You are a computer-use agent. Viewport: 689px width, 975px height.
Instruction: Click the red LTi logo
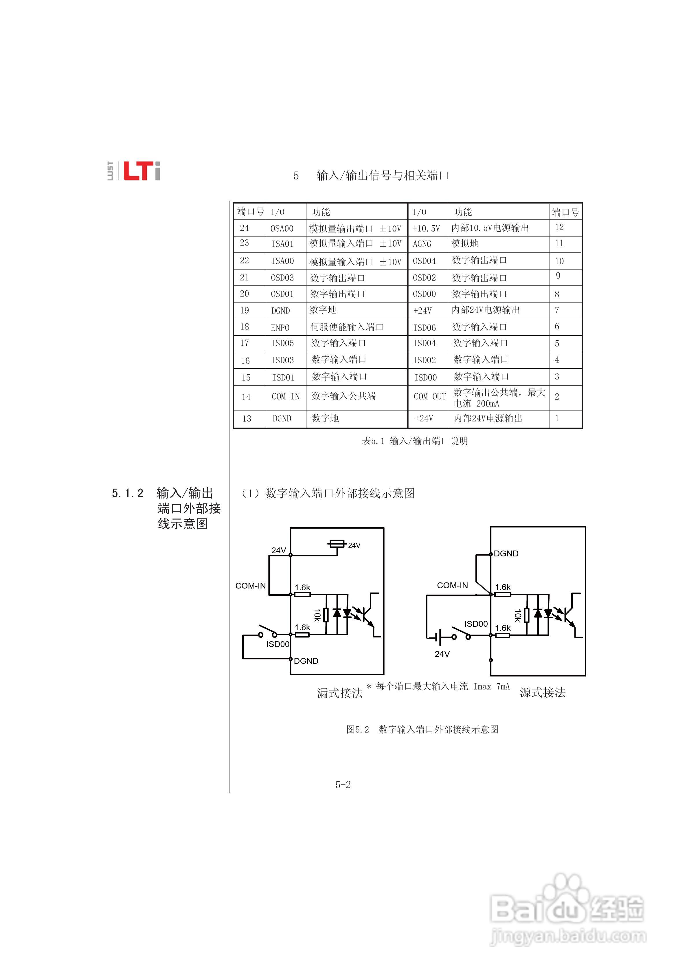tap(142, 171)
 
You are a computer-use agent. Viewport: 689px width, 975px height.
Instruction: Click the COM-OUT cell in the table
tap(430, 397)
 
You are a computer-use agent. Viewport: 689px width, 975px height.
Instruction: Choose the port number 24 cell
tap(245, 228)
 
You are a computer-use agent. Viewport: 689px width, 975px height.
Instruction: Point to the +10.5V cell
tap(426, 228)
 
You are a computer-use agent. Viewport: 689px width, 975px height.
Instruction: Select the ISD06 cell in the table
tap(425, 327)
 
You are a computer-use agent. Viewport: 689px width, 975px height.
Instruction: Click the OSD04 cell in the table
tap(424, 261)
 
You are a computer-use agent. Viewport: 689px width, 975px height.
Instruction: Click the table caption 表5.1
tap(414, 441)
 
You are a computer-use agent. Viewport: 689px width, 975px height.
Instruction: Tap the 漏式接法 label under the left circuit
tap(340, 693)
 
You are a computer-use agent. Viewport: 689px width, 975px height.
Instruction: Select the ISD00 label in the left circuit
tap(278, 644)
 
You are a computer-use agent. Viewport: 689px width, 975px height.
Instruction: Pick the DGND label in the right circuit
tap(506, 553)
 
